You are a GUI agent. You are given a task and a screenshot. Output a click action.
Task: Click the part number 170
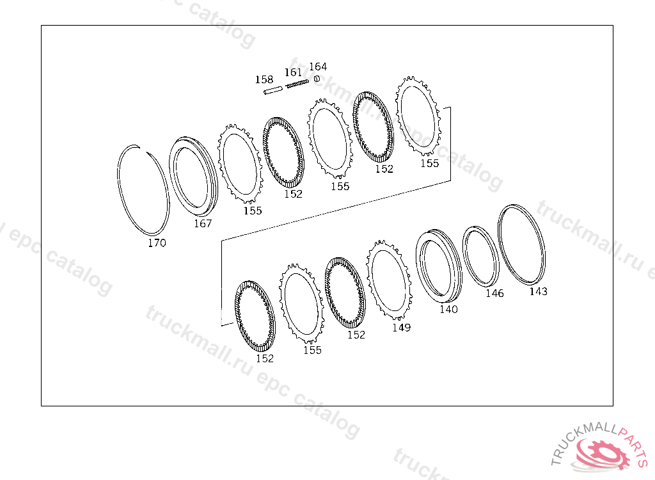click(x=157, y=243)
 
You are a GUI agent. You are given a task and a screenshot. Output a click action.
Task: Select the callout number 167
click(x=203, y=224)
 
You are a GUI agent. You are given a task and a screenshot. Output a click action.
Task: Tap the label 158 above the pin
click(x=264, y=79)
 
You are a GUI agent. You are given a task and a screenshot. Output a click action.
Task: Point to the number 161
click(x=293, y=72)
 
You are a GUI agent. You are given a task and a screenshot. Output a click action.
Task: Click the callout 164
click(x=318, y=67)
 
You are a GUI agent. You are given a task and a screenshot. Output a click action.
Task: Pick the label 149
click(x=401, y=328)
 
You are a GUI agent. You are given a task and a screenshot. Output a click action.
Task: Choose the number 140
click(x=448, y=309)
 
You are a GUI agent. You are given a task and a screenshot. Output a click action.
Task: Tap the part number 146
click(x=494, y=294)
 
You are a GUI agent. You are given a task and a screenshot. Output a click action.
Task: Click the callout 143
click(x=539, y=291)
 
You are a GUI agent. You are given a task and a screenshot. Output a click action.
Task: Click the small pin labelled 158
click(x=273, y=90)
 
